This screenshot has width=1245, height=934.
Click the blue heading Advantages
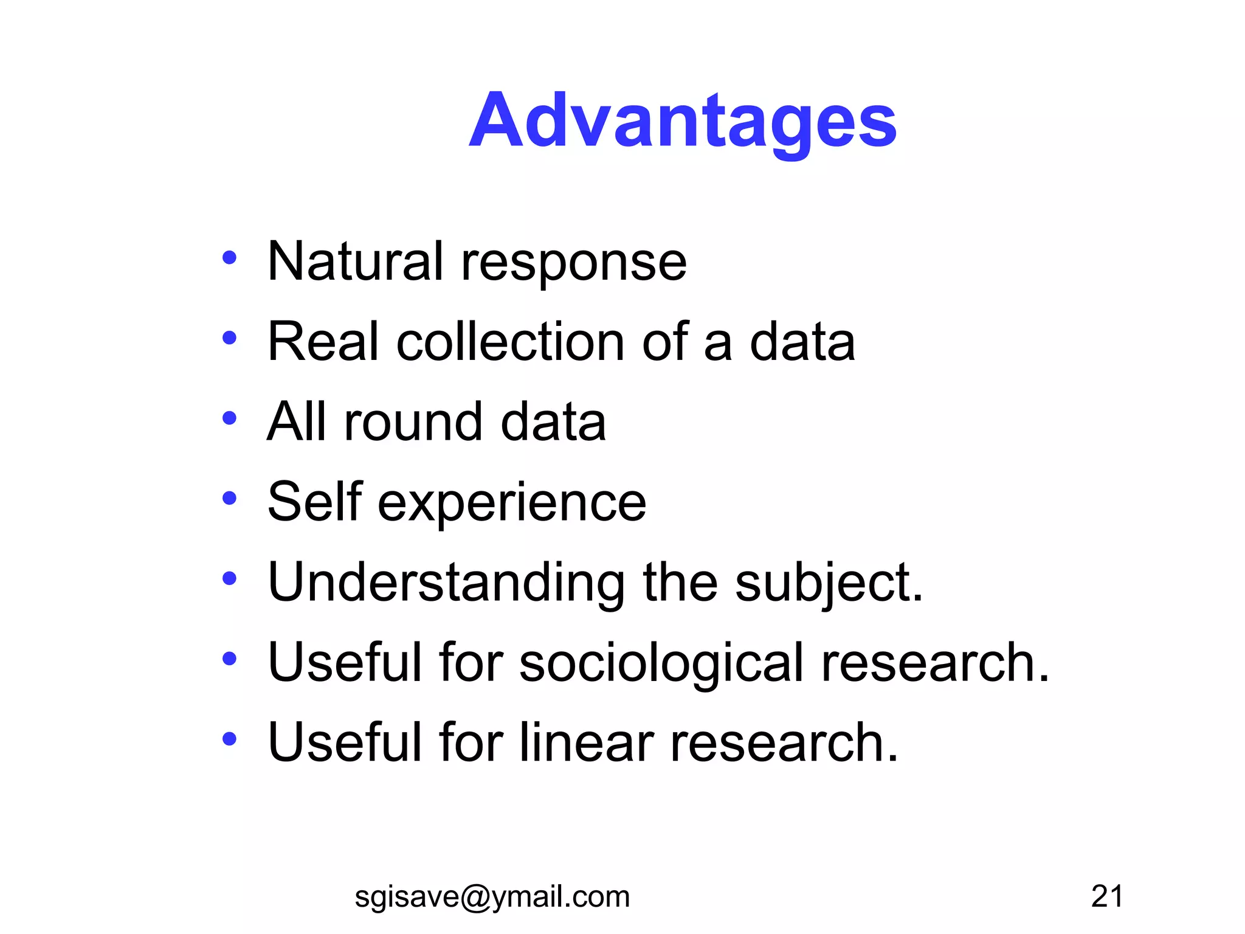682,121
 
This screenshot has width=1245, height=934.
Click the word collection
509,342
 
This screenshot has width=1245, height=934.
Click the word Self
315,502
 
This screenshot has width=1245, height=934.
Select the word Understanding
446,583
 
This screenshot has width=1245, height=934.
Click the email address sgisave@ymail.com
492,897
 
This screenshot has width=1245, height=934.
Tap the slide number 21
1106,896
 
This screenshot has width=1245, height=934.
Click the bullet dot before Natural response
229,258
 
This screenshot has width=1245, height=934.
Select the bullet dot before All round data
229,418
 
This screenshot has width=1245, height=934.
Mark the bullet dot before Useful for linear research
229,739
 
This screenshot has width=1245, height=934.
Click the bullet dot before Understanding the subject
229,579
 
